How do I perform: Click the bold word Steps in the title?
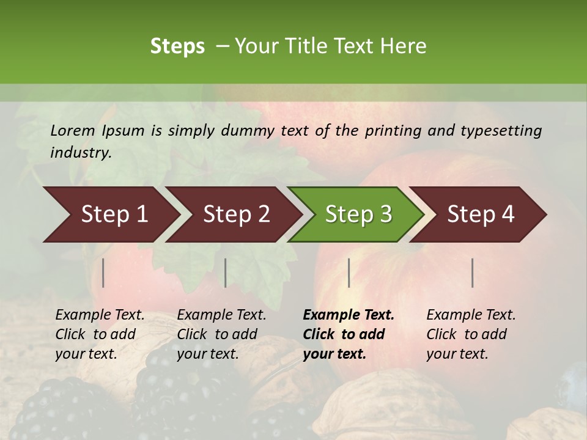(177, 46)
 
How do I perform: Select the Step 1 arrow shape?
(110, 215)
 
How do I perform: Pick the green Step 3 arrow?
(358, 215)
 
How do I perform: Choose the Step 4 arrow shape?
(480, 215)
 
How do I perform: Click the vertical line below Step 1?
(103, 273)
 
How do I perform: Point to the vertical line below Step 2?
(226, 273)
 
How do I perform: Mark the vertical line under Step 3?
(349, 273)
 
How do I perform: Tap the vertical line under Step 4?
(472, 273)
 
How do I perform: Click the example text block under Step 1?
(100, 334)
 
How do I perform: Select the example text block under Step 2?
(221, 334)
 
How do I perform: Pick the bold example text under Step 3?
(348, 334)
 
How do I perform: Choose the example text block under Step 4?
(471, 334)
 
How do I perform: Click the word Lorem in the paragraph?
(73, 130)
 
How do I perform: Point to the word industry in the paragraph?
(81, 153)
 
